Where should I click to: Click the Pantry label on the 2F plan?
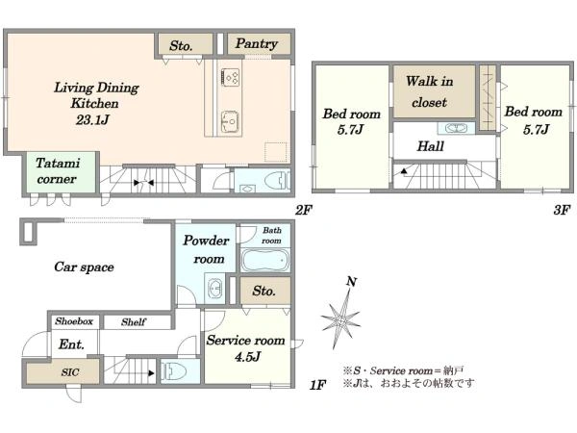[257, 44]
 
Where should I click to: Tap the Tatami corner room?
[61, 171]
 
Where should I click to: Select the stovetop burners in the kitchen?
[230, 77]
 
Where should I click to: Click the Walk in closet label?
[430, 91]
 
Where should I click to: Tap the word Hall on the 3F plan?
[430, 146]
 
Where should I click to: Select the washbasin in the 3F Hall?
[456, 128]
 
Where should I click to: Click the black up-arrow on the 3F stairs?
[404, 171]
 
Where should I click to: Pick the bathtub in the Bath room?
[265, 261]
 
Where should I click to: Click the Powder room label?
[206, 249]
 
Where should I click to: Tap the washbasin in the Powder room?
[214, 289]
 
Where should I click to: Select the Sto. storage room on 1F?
[265, 291]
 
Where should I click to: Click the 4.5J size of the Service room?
[248, 356]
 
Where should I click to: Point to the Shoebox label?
[74, 321]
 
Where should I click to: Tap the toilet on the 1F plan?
[174, 371]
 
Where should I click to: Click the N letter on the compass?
[351, 282]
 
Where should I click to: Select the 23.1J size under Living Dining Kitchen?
[92, 120]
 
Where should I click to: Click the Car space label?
[84, 267]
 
